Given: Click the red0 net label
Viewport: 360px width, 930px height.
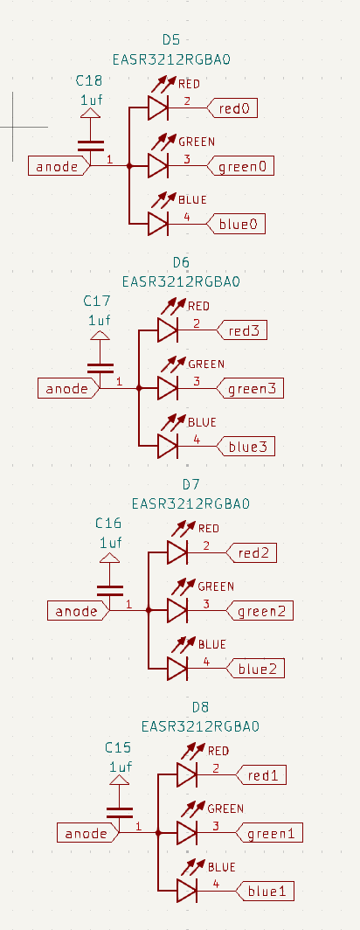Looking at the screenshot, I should tap(234, 108).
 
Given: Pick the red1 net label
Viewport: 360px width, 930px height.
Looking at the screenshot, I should tap(265, 775).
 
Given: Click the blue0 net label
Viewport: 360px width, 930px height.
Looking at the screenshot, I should tap(238, 225).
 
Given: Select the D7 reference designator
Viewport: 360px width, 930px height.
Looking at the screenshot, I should tap(191, 484).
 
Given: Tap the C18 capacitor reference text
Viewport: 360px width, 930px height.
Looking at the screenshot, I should tap(89, 81).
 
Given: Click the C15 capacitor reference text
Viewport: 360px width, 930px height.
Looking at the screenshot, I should tap(118, 748).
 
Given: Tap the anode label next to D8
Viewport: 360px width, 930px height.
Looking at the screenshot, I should tap(87, 833).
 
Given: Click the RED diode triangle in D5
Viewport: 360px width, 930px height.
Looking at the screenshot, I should tap(157, 108).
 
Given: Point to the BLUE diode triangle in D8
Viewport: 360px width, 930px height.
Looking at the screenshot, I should tap(186, 891).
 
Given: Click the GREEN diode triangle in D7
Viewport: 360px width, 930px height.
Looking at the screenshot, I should tap(177, 610).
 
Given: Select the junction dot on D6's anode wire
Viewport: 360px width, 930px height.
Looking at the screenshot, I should tap(139, 388).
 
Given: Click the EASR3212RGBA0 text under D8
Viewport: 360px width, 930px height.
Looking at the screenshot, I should tap(201, 726).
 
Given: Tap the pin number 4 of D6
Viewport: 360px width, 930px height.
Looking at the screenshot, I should tap(197, 440).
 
